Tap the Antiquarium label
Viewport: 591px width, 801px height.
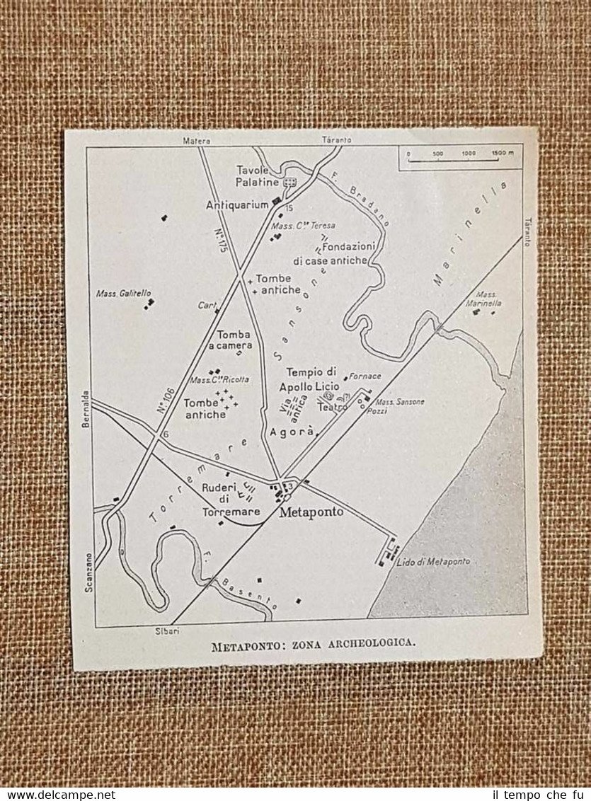point(237,204)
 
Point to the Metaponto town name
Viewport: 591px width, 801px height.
point(311,512)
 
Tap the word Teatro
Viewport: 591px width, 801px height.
point(332,408)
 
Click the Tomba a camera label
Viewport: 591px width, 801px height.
point(234,340)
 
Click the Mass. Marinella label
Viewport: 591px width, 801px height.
point(488,298)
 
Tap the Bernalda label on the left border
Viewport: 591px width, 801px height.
point(86,408)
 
